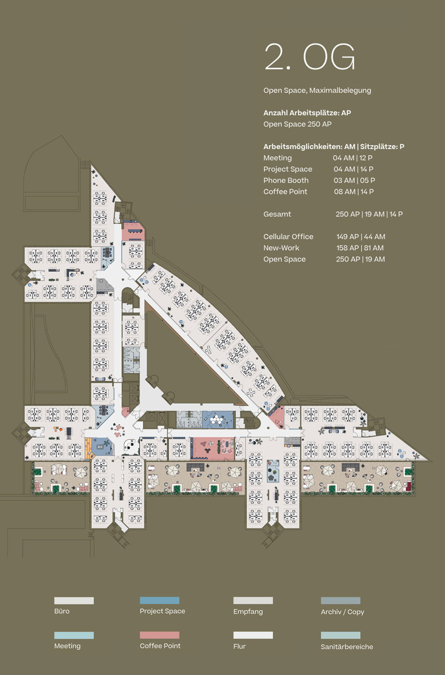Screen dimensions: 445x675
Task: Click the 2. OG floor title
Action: point(310,57)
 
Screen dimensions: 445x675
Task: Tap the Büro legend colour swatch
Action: point(74,600)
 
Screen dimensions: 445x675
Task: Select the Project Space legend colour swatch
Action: point(159,600)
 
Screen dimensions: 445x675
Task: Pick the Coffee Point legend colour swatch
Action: point(159,635)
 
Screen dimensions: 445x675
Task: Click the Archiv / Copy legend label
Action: point(342,612)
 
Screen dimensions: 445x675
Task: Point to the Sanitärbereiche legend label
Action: point(346,646)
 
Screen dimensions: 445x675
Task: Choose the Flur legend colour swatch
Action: point(253,635)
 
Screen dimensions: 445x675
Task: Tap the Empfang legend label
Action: point(248,611)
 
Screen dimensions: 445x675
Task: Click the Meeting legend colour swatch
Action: point(74,635)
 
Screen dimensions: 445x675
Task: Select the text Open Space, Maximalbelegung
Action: point(317,90)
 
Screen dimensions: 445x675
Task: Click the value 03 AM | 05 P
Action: point(354,180)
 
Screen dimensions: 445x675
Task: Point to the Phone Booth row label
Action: point(286,180)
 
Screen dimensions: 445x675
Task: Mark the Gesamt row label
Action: point(277,214)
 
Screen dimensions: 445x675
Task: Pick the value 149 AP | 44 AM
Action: point(361,236)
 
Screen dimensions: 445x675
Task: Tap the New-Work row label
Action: point(281,248)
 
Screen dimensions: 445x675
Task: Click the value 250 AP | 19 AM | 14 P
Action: point(369,214)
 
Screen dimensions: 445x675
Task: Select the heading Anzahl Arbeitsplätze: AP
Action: point(307,113)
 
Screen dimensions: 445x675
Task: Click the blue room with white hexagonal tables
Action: point(218,419)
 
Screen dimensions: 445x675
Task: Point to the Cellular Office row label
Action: point(288,236)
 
